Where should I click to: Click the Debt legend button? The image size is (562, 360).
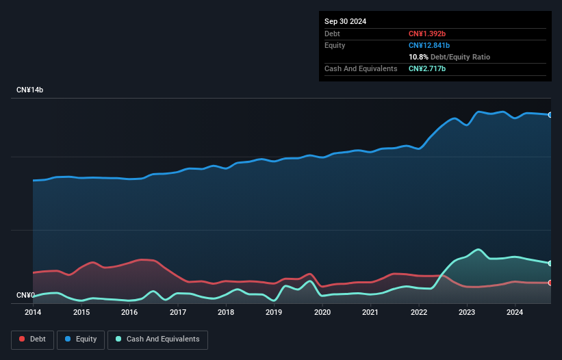pos(32,339)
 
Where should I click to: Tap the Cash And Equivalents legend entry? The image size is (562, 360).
pos(157,339)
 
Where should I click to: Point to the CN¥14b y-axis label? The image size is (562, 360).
pos(31,90)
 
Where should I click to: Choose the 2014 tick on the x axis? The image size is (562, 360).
pos(33,313)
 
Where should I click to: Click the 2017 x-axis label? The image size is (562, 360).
pos(178,313)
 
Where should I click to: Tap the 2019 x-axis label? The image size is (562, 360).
pos(274,313)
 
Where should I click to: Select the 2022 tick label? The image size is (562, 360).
pos(418,313)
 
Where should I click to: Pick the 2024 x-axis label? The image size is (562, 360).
pos(515,313)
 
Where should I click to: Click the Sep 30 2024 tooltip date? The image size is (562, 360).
pos(345,21)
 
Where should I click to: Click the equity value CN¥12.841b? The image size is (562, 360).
pos(431,45)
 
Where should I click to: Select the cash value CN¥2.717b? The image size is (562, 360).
pos(429,68)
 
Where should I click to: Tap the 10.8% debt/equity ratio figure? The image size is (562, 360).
pos(418,57)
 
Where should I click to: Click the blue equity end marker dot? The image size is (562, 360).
pos(550,115)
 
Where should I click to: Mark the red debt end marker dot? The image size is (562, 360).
pos(550,283)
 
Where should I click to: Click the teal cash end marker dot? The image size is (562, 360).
pos(550,263)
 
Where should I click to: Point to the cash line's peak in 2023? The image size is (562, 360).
pos(478,250)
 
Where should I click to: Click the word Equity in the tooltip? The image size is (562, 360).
pos(335,45)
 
